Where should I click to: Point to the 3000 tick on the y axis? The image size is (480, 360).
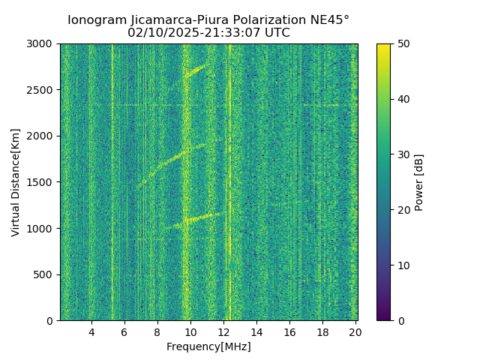[x=42, y=43]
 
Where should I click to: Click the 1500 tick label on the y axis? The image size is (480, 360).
[x=42, y=182]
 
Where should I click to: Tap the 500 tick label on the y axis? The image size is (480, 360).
[x=45, y=274]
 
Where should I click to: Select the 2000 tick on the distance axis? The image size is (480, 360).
[x=42, y=136]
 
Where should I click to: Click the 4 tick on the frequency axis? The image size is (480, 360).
[x=91, y=331]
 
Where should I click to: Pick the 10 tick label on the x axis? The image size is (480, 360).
[x=190, y=331]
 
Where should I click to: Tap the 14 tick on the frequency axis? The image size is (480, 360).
[x=256, y=331]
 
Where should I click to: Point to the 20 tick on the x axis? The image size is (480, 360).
[x=355, y=331]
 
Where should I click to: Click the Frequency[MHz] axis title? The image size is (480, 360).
[x=208, y=346]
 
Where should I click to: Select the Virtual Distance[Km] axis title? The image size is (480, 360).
[x=16, y=182]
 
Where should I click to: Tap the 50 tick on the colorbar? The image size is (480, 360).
[x=404, y=43]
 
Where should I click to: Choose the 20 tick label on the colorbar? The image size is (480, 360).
[x=404, y=210]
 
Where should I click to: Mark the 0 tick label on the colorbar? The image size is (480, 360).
[x=401, y=320]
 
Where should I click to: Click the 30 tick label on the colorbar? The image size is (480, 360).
[x=404, y=154]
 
